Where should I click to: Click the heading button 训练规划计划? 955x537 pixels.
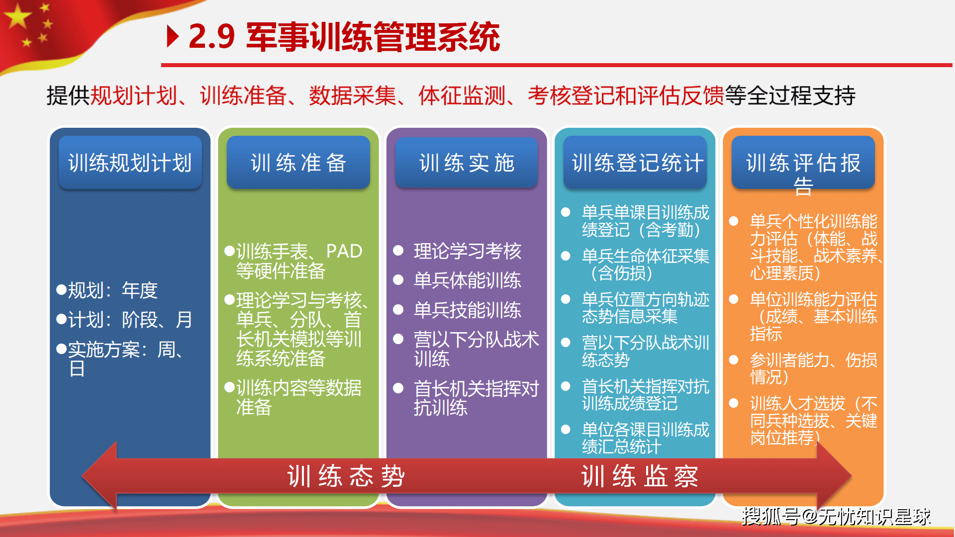(130, 163)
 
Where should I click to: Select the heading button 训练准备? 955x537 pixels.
(298, 163)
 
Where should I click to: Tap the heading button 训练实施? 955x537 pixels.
(466, 163)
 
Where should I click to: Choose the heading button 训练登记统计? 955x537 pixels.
(635, 163)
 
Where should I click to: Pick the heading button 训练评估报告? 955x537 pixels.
(803, 163)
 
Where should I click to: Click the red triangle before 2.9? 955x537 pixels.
(173, 36)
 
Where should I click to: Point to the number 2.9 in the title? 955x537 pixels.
(211, 37)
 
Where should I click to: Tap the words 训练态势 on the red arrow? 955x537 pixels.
(346, 476)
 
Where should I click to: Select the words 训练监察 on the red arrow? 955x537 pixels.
(640, 476)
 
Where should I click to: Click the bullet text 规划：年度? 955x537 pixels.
(112, 290)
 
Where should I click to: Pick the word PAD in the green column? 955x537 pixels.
(344, 252)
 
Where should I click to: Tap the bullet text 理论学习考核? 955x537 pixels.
(467, 251)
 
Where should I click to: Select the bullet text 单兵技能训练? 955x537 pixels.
(467, 310)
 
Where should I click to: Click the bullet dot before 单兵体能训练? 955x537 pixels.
(398, 280)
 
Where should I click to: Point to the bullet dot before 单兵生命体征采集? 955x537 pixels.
(566, 256)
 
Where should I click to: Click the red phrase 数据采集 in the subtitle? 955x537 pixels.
(352, 95)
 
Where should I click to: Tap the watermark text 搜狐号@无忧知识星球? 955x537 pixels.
(836, 517)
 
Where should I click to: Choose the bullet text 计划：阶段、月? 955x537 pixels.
(130, 320)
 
